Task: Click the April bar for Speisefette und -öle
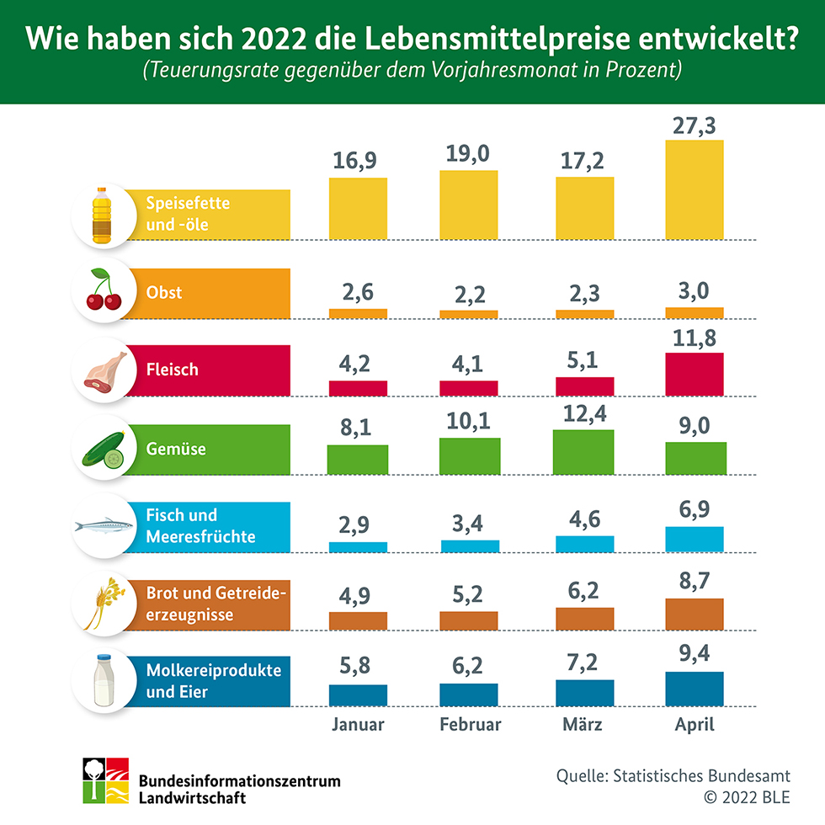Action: (x=695, y=189)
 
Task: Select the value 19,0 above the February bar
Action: (x=469, y=152)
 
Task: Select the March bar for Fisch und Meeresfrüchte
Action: (x=584, y=544)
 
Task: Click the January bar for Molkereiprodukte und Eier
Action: (x=358, y=695)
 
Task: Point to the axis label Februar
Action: (x=471, y=724)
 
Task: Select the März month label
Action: (x=583, y=724)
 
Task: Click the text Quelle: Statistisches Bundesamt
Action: (x=673, y=775)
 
